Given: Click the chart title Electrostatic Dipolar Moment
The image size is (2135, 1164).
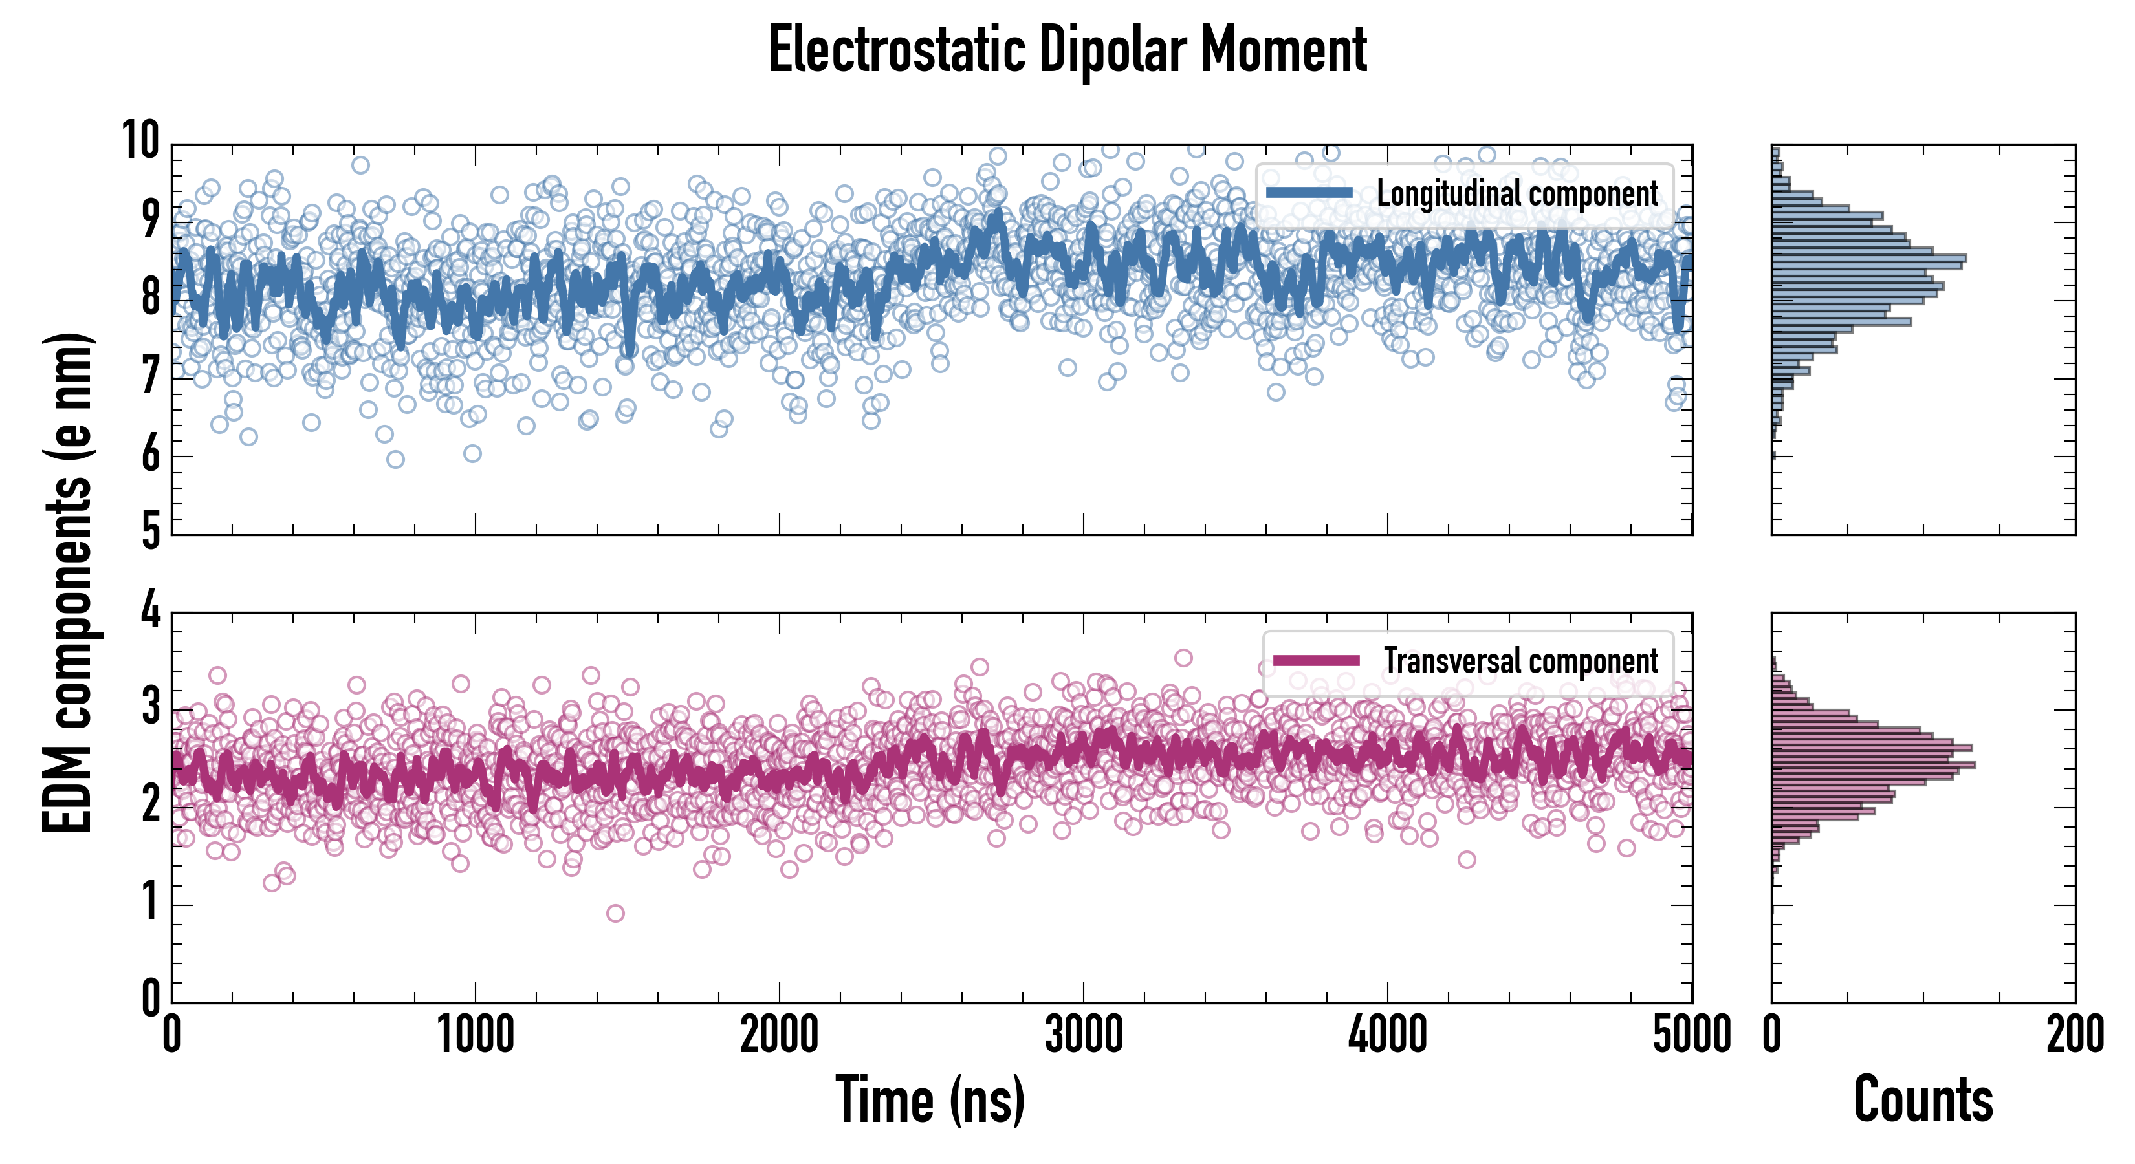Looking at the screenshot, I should point(1067,50).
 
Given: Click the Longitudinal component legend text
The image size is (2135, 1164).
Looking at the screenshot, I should point(1516,193).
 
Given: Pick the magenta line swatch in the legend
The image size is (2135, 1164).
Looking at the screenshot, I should point(1316,660).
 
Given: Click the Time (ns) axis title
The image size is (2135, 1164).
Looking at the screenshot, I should point(930,1099).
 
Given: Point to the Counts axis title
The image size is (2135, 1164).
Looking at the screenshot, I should point(1923,1099).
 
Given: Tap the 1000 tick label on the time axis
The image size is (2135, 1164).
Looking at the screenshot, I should point(476,1035).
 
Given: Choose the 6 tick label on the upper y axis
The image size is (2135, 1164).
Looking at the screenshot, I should point(150,455).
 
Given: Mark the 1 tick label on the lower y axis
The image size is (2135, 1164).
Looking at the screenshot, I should point(150,902).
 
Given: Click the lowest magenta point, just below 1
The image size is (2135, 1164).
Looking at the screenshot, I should point(615,913).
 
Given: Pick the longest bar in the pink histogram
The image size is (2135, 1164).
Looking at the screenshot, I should point(1873,764).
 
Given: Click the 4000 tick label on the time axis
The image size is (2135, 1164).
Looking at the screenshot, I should point(1387,1035).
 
